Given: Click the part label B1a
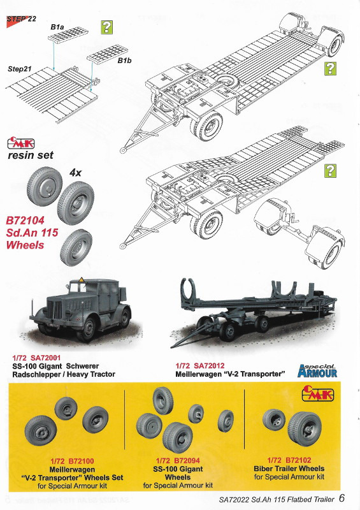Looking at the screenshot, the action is click(57, 27).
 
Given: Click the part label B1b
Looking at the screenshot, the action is click(124, 61).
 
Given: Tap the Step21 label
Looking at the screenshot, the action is click(20, 69).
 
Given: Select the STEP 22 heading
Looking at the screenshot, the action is click(22, 19).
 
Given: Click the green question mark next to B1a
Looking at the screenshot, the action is click(106, 27).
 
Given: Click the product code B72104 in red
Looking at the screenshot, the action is click(25, 221).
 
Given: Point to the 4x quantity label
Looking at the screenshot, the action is click(75, 173).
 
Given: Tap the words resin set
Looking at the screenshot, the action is click(31, 155).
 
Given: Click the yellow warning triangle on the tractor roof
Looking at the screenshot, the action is click(81, 280).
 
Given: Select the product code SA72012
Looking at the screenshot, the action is click(209, 365).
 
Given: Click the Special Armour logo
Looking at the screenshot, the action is click(317, 371).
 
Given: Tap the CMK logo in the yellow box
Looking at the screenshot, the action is click(317, 393).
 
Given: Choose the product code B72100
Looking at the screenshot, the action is click(81, 461).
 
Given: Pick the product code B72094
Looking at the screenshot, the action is click(187, 460).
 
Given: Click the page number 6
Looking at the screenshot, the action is click(342, 498).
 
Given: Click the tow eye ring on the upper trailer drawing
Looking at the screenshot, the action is click(123, 150).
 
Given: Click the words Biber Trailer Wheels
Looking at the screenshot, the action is click(289, 469).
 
